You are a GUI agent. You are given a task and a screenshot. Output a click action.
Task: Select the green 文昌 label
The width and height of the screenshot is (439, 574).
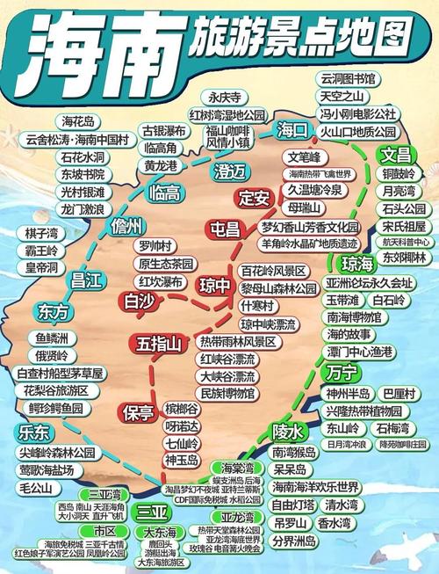[x=396, y=155]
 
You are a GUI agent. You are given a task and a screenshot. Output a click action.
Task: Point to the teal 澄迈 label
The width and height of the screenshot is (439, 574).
[x=216, y=170]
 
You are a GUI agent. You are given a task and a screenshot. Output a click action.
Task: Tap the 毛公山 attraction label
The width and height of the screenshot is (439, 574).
[x=37, y=487]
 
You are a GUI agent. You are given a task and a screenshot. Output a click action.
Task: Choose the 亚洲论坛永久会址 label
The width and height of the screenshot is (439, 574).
[x=369, y=283]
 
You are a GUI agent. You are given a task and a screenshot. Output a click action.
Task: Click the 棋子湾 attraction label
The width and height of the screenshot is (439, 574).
[x=43, y=233]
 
